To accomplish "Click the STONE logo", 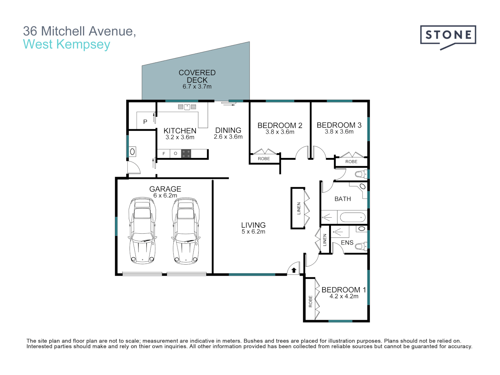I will [x=448, y=35].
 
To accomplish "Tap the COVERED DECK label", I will [x=197, y=76].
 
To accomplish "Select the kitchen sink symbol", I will [x=187, y=107].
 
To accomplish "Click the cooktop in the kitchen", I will [x=186, y=153].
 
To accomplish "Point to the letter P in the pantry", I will [x=145, y=122].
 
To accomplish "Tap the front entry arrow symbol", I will [x=294, y=270].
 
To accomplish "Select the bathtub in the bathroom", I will [x=352, y=218].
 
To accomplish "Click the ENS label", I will [x=347, y=243].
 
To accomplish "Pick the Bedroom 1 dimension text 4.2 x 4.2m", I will [x=344, y=296].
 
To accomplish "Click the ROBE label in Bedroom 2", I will [x=264, y=159].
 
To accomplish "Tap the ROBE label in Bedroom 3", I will [x=351, y=162].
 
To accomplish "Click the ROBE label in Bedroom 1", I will [x=310, y=301].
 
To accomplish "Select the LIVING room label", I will [x=253, y=225].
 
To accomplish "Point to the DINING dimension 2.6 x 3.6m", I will [x=228, y=137].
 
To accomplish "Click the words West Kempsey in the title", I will [x=67, y=44].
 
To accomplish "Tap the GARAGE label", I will [x=165, y=189].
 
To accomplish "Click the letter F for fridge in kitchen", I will [x=164, y=153].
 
